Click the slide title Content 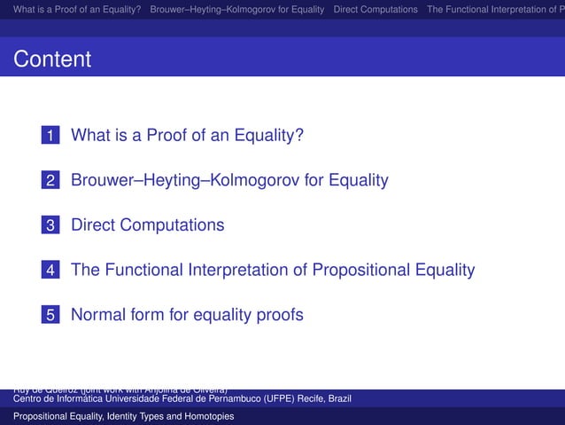tap(52, 59)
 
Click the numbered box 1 tap(52, 137)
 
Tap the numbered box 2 tap(52, 181)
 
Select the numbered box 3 tap(52, 225)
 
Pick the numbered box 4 tap(52, 270)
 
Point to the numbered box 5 tap(52, 314)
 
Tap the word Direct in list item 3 tap(93, 224)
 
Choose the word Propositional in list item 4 tap(308, 269)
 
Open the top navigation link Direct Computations tap(375, 9)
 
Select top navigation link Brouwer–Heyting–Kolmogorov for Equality tap(237, 9)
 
